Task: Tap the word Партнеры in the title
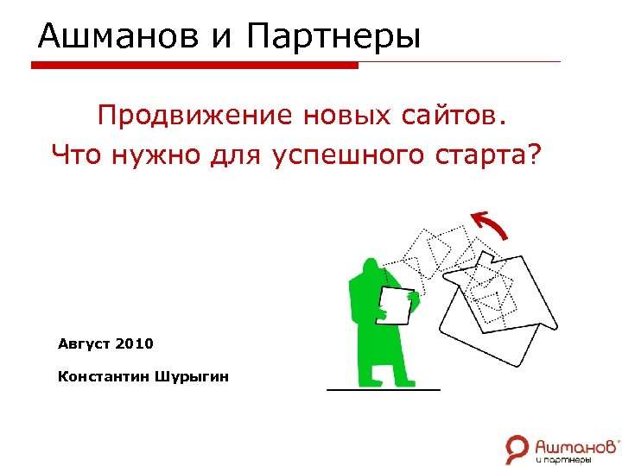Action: pyautogui.click(x=333, y=36)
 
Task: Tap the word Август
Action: pyautogui.click(x=84, y=343)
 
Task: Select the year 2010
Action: pyautogui.click(x=134, y=343)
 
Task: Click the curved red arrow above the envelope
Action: pyautogui.click(x=491, y=224)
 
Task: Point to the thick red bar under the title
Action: pyautogui.click(x=194, y=65)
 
